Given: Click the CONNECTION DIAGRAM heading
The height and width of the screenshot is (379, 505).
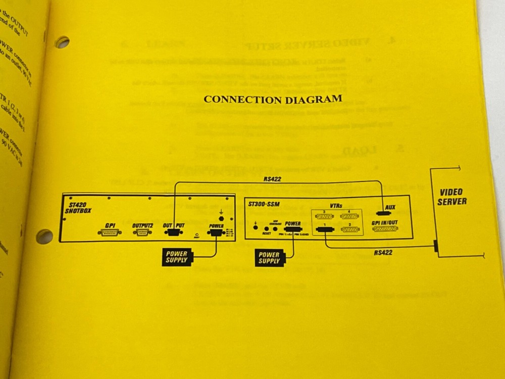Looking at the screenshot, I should [273, 99].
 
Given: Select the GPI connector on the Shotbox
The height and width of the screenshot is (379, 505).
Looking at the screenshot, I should [111, 233].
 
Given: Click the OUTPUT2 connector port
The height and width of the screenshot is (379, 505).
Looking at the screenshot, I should [141, 233].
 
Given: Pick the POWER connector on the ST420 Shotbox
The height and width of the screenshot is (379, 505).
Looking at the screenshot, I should [216, 232].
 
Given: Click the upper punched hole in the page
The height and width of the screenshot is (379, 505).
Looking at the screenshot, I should [63, 42].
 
